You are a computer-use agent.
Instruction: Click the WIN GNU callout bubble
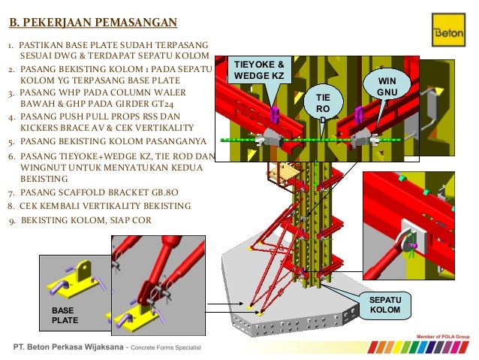(x=387, y=86)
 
